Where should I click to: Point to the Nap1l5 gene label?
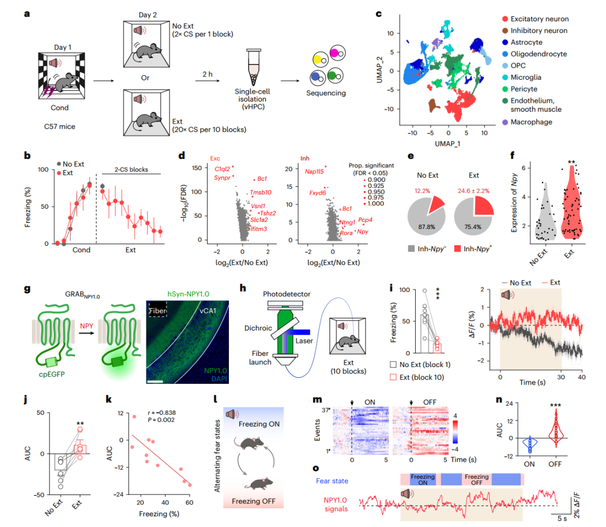coord(315,171)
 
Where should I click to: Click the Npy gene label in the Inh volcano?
coord(362,231)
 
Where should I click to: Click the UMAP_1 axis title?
coord(447,145)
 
